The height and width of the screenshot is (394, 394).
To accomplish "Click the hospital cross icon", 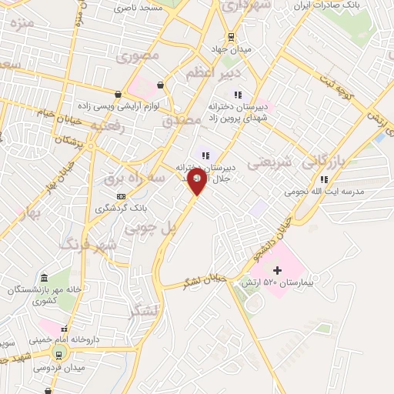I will [x=277, y=270].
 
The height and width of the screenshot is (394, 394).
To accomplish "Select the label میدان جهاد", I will [x=228, y=49].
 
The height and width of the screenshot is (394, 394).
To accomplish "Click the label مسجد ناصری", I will [x=139, y=8].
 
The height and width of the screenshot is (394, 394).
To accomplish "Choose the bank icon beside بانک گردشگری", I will [x=121, y=197].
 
